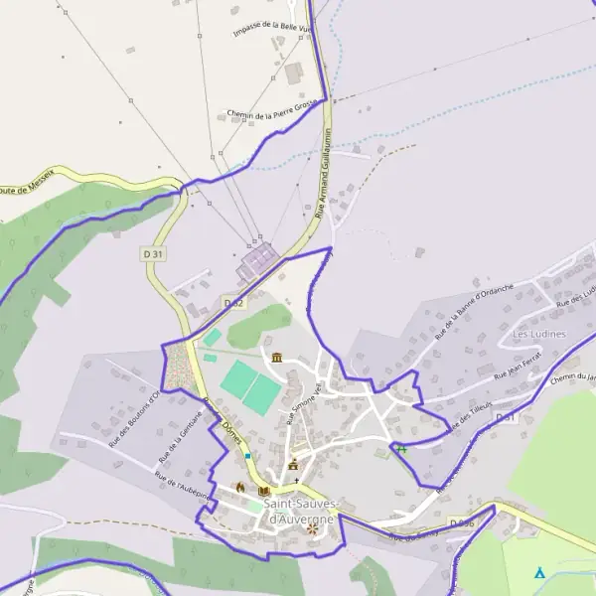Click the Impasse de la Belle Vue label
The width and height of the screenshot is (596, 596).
tap(271, 28)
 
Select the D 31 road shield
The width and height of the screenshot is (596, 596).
tap(152, 254)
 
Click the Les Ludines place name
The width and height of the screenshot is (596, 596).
tap(538, 334)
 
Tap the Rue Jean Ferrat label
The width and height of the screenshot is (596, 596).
tap(514, 372)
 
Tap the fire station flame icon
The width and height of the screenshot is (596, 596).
tap(239, 487)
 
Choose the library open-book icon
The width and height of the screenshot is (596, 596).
tap(263, 490)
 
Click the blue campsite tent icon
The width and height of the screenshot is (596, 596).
tap(539, 573)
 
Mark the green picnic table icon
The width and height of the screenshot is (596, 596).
tap(401, 449)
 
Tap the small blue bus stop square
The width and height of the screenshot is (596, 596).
tap(247, 455)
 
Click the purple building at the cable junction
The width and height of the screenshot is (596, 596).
tap(257, 260)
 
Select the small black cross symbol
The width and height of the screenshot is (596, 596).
tap(295, 480)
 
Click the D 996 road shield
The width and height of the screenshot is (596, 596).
tap(461, 522)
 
